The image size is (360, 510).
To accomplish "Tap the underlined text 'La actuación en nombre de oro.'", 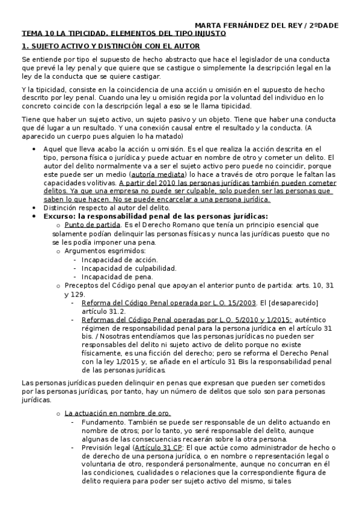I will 117,413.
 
